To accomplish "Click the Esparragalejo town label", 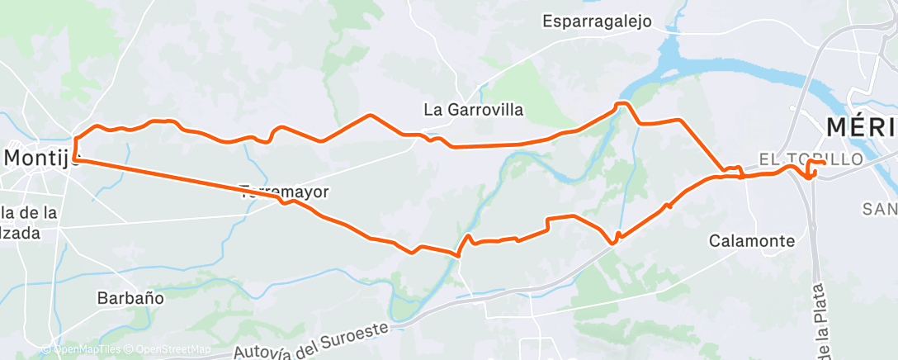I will [598, 21].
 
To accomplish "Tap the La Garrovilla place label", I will [473, 109].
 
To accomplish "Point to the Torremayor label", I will [284, 192].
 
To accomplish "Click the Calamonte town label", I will [752, 241].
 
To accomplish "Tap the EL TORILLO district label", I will [811, 158].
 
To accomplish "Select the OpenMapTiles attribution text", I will [80, 350].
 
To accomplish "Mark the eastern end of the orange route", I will [825, 163].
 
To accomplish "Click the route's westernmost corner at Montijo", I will [74, 157].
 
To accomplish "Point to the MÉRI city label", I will [861, 127].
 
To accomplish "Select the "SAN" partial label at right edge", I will [880, 209].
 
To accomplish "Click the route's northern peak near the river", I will [623, 103].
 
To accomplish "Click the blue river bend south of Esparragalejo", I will [660, 66].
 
